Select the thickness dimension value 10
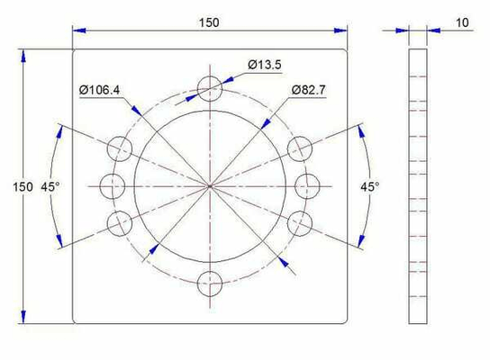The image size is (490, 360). (x=462, y=21)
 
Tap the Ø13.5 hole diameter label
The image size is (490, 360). (x=266, y=65)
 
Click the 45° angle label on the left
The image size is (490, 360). (x=50, y=186)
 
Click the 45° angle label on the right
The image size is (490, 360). (x=369, y=186)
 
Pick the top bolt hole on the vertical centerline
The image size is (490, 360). (x=209, y=88)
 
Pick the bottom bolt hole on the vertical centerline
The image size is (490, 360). (x=209, y=283)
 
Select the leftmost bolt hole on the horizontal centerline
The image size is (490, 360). (x=112, y=185)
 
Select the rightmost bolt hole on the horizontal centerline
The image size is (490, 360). (x=306, y=185)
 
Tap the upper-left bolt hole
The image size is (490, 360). (x=119, y=148)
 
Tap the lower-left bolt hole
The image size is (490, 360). (x=119, y=222)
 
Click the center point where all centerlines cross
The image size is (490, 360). (x=209, y=185)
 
